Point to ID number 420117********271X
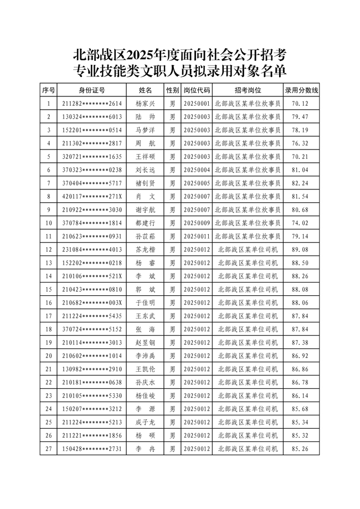click(92, 197)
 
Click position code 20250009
click(197, 223)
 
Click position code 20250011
click(197, 236)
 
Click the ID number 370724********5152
click(92, 330)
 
